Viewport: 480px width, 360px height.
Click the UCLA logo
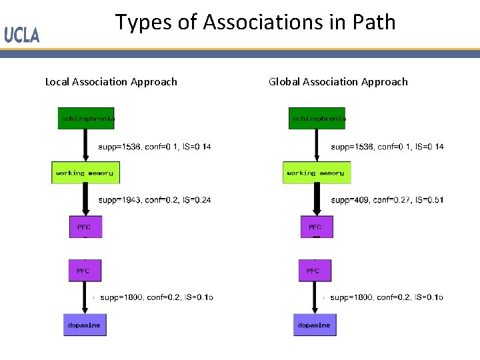pos(22,35)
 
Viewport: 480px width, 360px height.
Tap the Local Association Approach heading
pos(111,82)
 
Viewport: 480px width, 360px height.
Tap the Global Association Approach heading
pos(338,82)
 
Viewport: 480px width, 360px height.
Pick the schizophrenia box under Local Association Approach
pos(86,119)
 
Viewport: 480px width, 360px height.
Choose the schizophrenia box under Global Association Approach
pos(317,119)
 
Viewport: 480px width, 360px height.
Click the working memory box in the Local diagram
pos(85,173)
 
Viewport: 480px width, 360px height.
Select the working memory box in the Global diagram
pos(317,173)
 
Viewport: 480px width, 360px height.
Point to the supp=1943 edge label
pos(154,199)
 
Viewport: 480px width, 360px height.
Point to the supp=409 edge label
pos(387,199)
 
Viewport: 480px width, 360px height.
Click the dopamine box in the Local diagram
pos(85,325)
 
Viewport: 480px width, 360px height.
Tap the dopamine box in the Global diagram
pos(315,325)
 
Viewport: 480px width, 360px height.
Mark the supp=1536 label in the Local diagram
pos(154,147)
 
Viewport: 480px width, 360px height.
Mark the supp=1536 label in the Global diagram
pos(387,147)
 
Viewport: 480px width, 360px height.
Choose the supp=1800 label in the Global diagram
pos(387,297)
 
